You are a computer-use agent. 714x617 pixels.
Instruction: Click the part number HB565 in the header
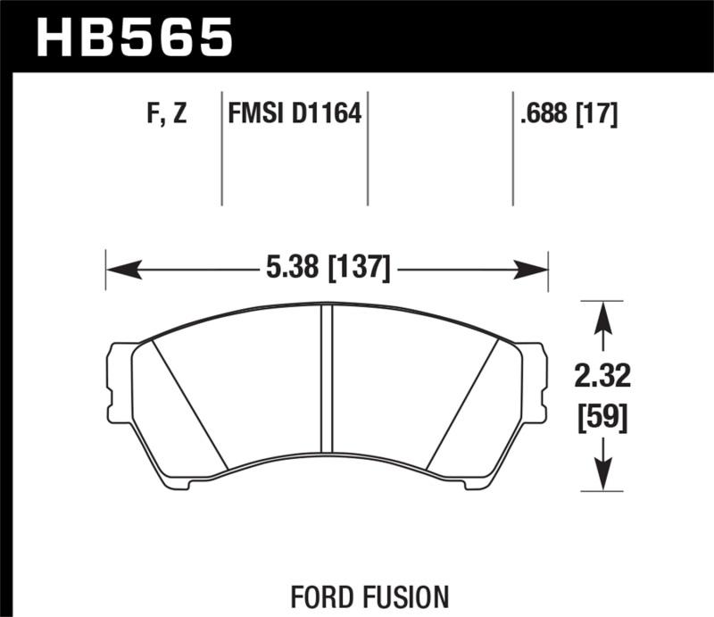(133, 37)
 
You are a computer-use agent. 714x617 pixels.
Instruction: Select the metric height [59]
(602, 416)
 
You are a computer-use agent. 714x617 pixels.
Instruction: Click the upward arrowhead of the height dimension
(603, 313)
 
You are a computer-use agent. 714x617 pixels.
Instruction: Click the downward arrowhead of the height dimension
(603, 478)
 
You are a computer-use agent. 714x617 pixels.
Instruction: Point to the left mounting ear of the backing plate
(119, 379)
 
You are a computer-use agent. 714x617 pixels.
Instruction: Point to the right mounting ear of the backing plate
(534, 379)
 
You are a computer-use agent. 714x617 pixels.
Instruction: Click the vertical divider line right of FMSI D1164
(369, 147)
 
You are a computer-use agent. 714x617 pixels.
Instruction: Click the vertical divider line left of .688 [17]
(513, 147)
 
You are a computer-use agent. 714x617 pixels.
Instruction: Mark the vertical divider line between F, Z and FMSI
(221, 147)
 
